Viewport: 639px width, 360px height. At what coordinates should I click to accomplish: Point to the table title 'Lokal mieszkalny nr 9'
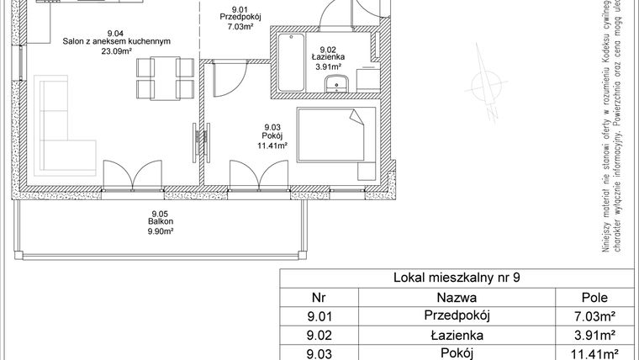[457, 278]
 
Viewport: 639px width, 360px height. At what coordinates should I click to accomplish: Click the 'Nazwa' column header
[457, 297]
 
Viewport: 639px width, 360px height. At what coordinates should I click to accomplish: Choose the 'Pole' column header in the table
[600, 297]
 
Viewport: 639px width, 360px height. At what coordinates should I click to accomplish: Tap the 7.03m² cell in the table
[600, 315]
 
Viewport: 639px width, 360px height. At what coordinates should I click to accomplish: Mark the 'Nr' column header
[318, 297]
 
